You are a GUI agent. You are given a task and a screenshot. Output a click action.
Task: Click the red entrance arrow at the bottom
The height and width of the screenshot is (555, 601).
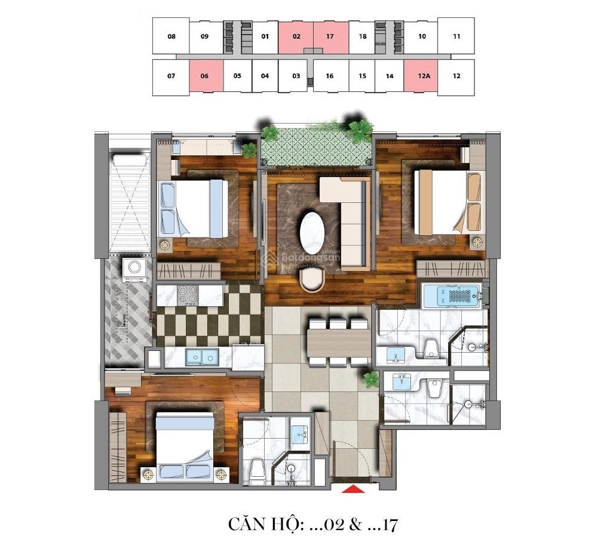pos(353,489)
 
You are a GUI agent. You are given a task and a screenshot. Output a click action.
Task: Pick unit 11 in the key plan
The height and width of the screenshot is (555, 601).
pos(456,36)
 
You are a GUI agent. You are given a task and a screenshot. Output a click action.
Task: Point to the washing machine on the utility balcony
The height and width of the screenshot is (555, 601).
pos(134,270)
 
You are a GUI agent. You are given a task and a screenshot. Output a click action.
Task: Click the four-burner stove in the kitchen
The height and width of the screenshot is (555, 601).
pos(189,294)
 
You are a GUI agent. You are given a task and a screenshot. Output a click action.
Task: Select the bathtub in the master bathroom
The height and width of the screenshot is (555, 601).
pos(451,295)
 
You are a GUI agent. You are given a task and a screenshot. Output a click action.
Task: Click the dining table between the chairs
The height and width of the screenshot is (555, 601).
pos(339,343)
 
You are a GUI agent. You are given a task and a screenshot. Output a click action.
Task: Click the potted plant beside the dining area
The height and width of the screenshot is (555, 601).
pos(371,379)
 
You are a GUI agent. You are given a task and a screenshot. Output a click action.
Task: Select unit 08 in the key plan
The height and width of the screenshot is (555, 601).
pos(171,36)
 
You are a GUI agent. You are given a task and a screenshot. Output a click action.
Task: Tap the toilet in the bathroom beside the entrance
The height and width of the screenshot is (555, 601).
pos(257,470)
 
